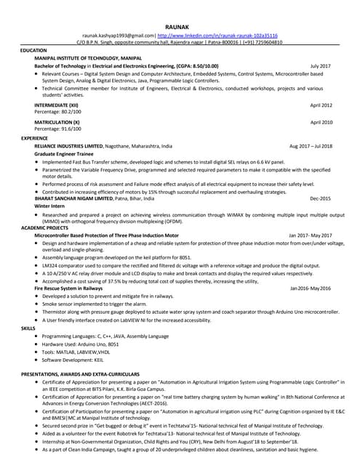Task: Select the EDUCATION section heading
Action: point(33,50)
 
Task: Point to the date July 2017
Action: point(320,65)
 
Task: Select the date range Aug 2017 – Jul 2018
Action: point(311,145)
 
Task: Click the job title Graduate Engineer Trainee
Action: point(69,154)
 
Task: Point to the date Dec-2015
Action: point(320,198)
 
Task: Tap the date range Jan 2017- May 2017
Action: point(311,236)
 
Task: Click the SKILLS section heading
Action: point(28,328)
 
